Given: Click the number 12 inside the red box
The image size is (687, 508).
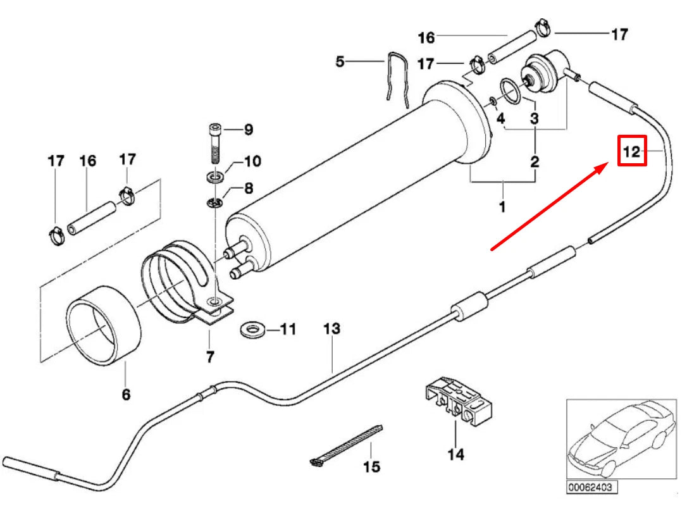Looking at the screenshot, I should click(631, 152).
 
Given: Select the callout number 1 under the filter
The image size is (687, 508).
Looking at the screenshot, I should click(502, 206).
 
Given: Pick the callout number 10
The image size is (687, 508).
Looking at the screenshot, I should click(251, 162).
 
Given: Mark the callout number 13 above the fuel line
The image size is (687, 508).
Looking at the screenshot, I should click(331, 329).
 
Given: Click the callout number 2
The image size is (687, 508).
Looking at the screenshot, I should click(535, 162).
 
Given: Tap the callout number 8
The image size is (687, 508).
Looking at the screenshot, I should click(248, 188).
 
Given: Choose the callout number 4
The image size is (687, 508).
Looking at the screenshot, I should click(500, 118).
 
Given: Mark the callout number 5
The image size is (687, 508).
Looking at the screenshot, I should click(340, 62).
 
